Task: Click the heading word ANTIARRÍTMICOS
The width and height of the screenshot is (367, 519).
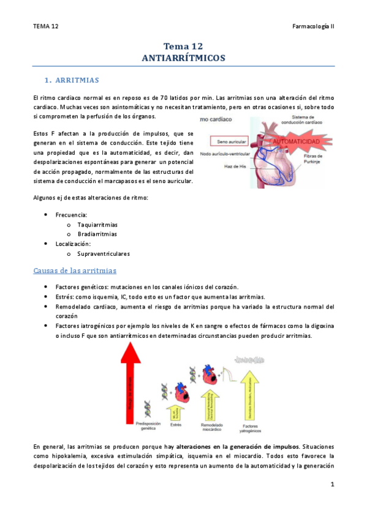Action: pos(183,58)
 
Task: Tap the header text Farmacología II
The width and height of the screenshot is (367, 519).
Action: pos(312,27)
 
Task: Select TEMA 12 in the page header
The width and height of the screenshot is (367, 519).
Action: pos(46,27)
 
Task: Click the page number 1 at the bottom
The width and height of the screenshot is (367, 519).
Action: pos(331,485)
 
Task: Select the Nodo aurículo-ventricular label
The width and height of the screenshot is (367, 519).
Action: pos(222,154)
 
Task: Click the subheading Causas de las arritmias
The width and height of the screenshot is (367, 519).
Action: pos(75,271)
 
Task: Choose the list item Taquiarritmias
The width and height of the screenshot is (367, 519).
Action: pos(97,225)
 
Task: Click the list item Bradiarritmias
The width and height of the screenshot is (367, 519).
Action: pos(97,234)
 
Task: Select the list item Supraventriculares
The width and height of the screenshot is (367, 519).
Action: pos(103,253)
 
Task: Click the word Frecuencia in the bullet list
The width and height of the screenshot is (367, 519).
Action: pos(71,215)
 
